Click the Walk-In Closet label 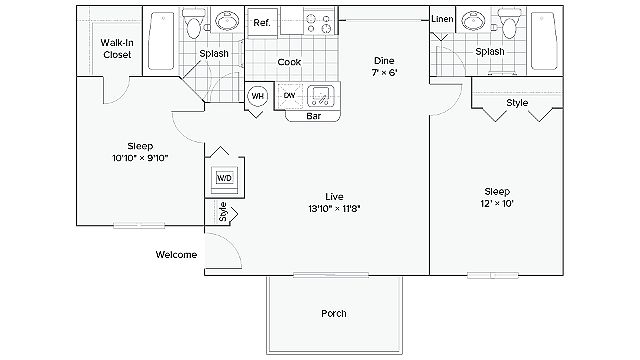pyautogui.click(x=117, y=49)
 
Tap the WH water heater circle pyautogui.click(x=258, y=96)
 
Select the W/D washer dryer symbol pyautogui.click(x=224, y=178)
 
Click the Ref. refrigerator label pyautogui.click(x=262, y=22)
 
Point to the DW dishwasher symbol pyautogui.click(x=290, y=96)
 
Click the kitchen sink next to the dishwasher pyautogui.click(x=320, y=96)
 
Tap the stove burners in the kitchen pyautogui.click(x=318, y=23)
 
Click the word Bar pyautogui.click(x=313, y=116)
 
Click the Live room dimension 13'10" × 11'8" pyautogui.click(x=334, y=209)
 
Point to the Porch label pyautogui.click(x=334, y=313)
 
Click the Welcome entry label pyautogui.click(x=176, y=255)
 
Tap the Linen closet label pyautogui.click(x=442, y=19)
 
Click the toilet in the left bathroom pyautogui.click(x=192, y=24)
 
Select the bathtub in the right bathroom pyautogui.click(x=544, y=41)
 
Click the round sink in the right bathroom pyautogui.click(x=473, y=20)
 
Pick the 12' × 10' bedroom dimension pyautogui.click(x=497, y=203)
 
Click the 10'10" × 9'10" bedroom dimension pyautogui.click(x=140, y=158)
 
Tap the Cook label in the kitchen pyautogui.click(x=289, y=62)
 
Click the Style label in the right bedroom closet pyautogui.click(x=517, y=103)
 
